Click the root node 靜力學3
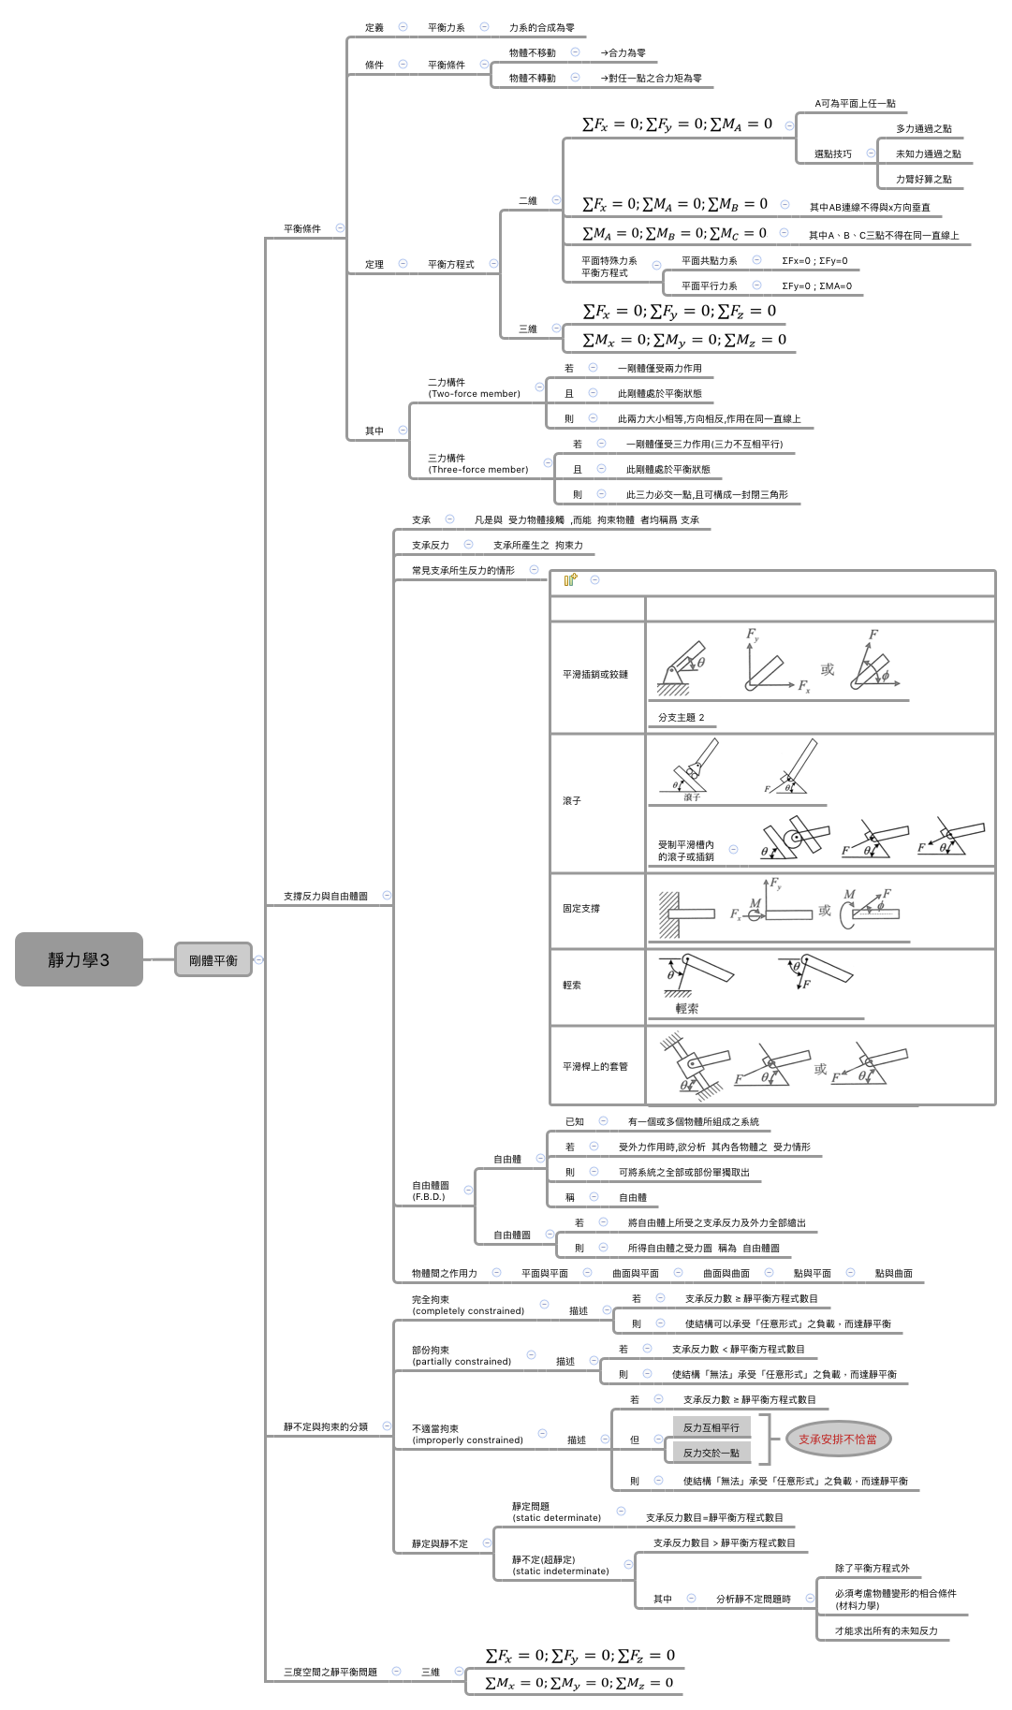pyautogui.click(x=79, y=959)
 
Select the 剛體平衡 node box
pyautogui.click(x=213, y=959)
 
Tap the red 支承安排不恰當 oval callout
pyautogui.click(x=837, y=1440)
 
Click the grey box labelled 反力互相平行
pyautogui.click(x=711, y=1427)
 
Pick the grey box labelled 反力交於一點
pyautogui.click(x=711, y=1453)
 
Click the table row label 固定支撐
pyautogui.click(x=581, y=909)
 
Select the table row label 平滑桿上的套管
pyautogui.click(x=595, y=1067)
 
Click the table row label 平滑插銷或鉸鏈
pyautogui.click(x=595, y=675)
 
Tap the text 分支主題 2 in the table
pyautogui.click(x=681, y=718)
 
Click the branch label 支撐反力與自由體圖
pyautogui.click(x=325, y=897)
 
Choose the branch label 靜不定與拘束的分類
pyautogui.click(x=325, y=1427)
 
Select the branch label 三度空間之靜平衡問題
pyautogui.click(x=330, y=1672)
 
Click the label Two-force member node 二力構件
pyautogui.click(x=474, y=388)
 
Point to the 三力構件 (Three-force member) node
pyautogui.click(x=477, y=464)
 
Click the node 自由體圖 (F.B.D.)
pyautogui.click(x=430, y=1191)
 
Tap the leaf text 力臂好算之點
pyautogui.click(x=923, y=180)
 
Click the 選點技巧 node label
pyautogui.click(x=832, y=154)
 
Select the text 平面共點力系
pyautogui.click(x=709, y=261)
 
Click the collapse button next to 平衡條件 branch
pyautogui.click(x=340, y=228)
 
